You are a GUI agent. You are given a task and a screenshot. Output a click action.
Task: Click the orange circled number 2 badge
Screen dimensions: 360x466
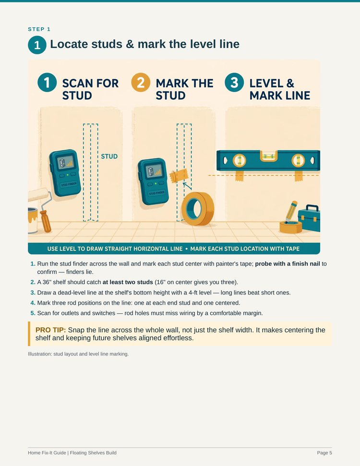(141, 82)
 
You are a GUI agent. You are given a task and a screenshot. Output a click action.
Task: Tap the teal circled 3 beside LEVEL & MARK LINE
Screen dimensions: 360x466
(234, 82)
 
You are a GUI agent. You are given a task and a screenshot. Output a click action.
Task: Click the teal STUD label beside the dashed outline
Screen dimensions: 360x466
(109, 156)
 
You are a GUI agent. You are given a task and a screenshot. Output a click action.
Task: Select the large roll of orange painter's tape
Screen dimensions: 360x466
(198, 208)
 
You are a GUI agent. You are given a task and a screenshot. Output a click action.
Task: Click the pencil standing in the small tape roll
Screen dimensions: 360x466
(291, 211)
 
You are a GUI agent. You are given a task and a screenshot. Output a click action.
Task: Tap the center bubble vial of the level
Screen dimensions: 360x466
(268, 156)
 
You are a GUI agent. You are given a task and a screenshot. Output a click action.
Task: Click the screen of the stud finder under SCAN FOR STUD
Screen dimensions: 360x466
(66, 162)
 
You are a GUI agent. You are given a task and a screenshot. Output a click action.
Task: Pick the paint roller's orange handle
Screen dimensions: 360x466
(46, 221)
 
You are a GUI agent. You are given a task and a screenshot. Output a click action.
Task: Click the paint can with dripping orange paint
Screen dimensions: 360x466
(33, 220)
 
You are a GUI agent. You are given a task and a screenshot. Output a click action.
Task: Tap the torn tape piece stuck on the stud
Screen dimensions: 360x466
(178, 176)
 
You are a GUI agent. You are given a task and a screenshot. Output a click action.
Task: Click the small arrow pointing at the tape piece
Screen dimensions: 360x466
(187, 186)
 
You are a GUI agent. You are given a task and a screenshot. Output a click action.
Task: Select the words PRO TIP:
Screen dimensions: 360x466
(50, 330)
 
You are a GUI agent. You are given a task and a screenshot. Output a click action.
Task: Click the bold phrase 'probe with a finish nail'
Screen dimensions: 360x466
(288, 264)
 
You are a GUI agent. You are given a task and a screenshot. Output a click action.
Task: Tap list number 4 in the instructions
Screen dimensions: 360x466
(33, 303)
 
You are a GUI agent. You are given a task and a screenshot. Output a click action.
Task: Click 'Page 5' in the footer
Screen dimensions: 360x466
(324, 453)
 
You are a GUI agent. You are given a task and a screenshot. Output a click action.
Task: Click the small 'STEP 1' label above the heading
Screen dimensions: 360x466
(39, 29)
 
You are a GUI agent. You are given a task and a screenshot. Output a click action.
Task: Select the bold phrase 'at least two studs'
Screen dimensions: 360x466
(128, 282)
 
